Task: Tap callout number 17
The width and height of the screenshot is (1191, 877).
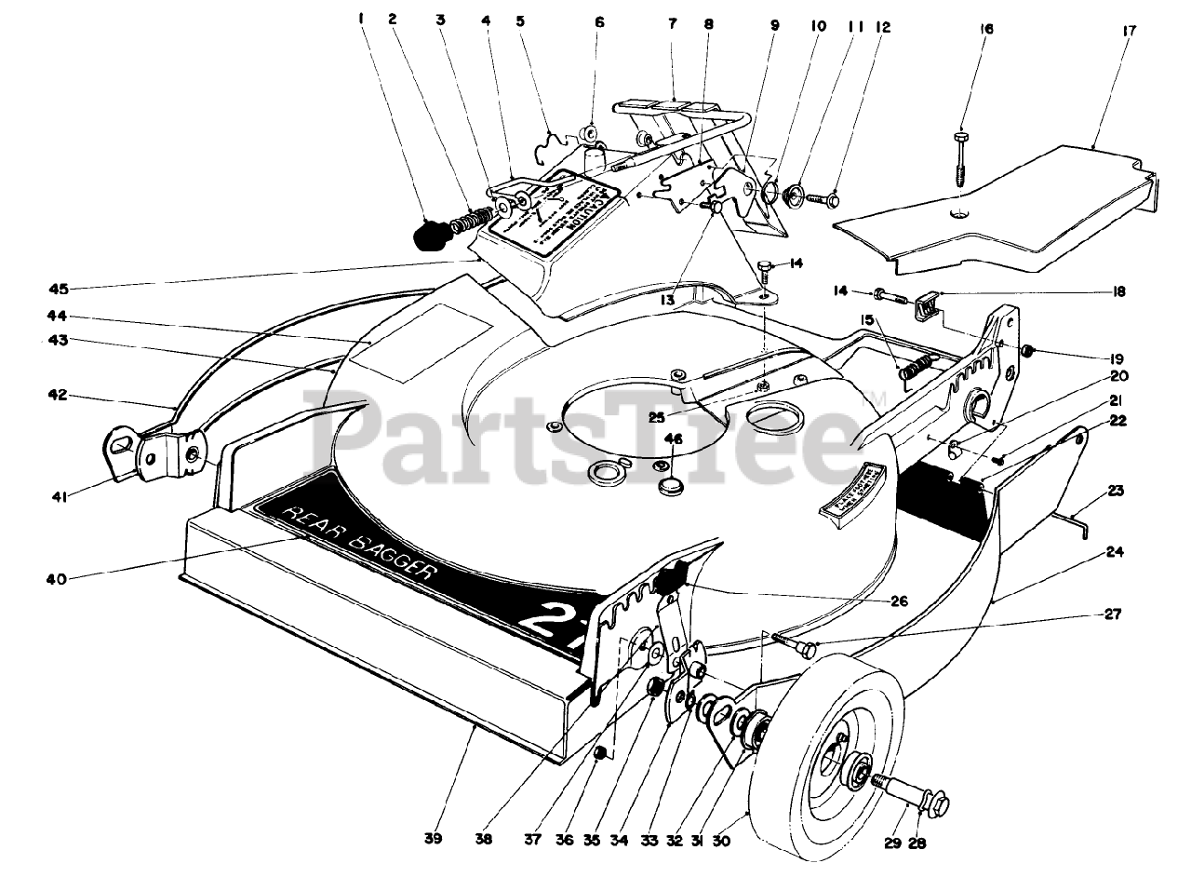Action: [x=1104, y=30]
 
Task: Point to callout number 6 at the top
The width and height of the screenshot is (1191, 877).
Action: [x=599, y=21]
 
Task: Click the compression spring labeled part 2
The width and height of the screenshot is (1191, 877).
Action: [x=470, y=221]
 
